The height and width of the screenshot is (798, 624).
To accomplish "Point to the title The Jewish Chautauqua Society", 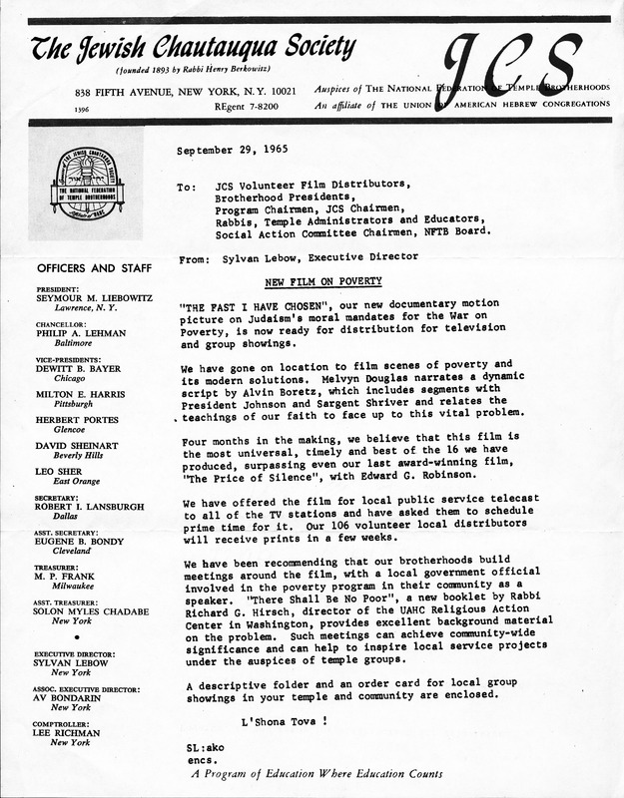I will pyautogui.click(x=193, y=47).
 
